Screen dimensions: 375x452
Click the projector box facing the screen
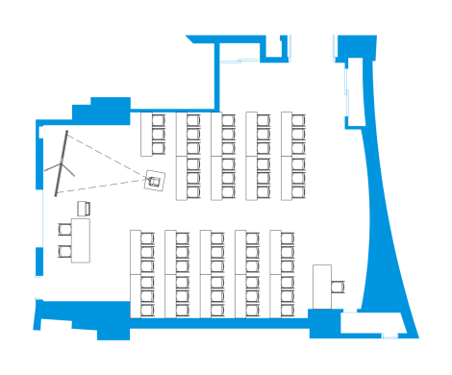pyautogui.click(x=152, y=180)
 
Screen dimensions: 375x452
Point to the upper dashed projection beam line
pyautogui.click(x=106, y=153)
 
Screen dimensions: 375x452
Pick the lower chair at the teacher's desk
pyautogui.click(x=64, y=251)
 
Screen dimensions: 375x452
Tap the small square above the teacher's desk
pyautogui.click(x=83, y=208)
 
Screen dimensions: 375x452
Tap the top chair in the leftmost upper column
pyautogui.click(x=159, y=122)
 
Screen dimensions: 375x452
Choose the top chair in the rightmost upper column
pyautogui.click(x=298, y=121)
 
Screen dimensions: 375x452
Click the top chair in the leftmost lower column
pyautogui.click(x=147, y=238)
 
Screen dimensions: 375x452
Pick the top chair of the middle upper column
pyautogui.click(x=229, y=121)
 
